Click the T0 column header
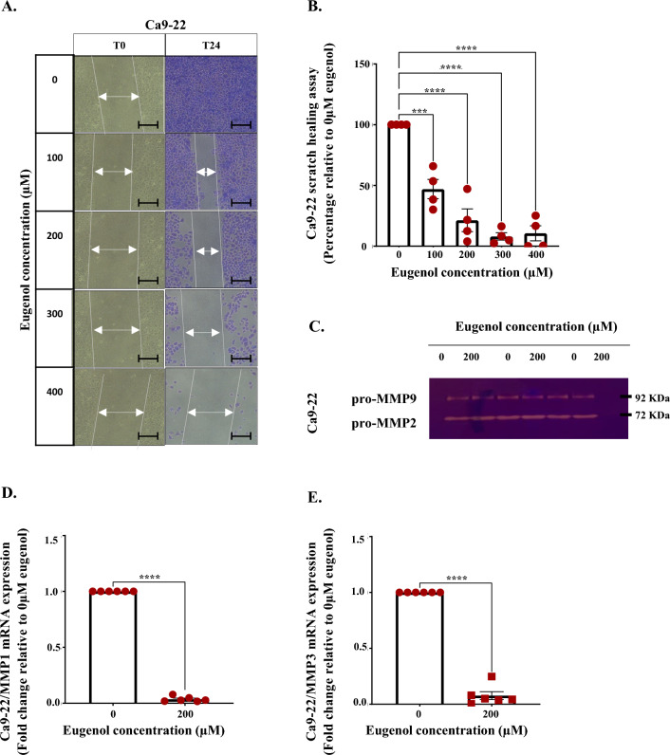[x=119, y=45]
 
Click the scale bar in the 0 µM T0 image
[x=148, y=123]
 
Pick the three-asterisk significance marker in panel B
[x=418, y=112]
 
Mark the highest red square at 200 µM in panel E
[x=491, y=676]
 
